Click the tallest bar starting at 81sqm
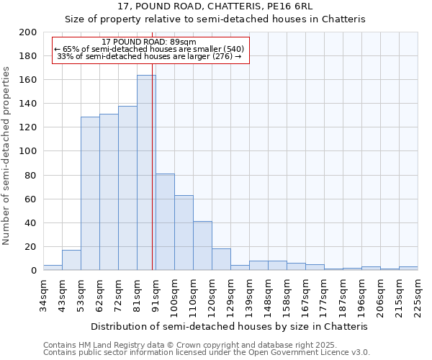(146, 173)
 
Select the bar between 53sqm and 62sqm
(90, 194)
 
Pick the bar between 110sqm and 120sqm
(202, 246)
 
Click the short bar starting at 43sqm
(71, 260)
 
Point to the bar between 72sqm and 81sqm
(127, 188)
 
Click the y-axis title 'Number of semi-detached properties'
(7, 156)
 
